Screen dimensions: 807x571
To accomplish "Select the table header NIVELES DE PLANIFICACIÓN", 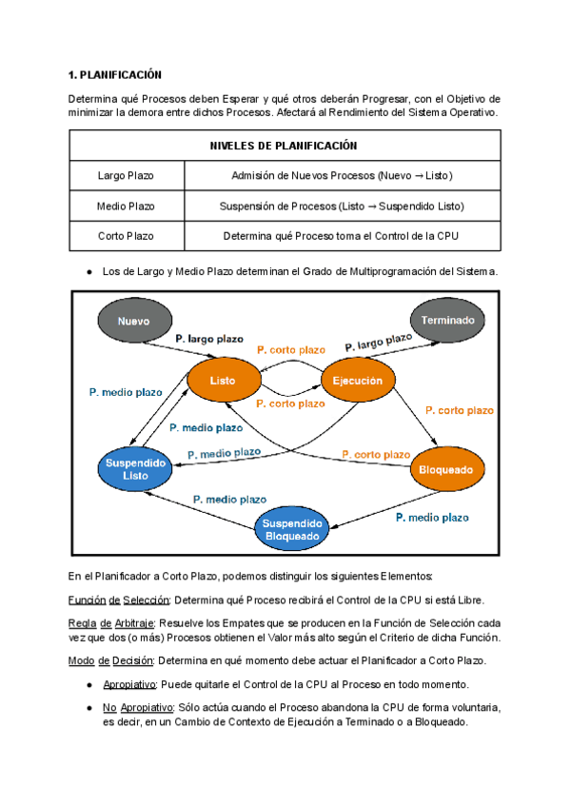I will point(283,146).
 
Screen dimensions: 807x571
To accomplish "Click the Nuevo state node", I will point(133,322).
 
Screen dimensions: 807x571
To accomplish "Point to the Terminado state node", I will point(447,322).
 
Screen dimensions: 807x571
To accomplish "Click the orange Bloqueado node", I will point(445,470).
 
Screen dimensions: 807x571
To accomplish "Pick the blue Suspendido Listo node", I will point(135,468).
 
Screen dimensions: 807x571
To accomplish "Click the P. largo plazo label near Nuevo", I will point(208,338).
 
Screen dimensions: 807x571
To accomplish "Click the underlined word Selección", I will point(147,600).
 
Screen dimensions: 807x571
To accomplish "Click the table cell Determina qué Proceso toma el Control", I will point(342,235).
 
